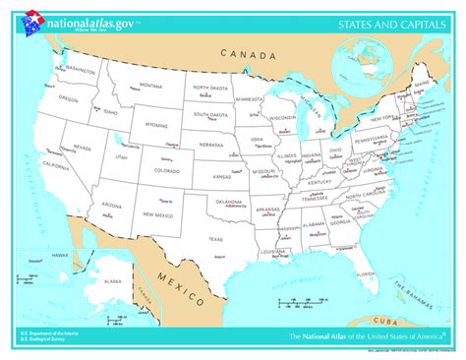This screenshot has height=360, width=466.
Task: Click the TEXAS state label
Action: click(x=215, y=239)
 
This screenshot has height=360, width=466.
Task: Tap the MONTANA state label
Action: click(x=150, y=86)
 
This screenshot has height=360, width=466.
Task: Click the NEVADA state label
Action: click(x=79, y=147)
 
